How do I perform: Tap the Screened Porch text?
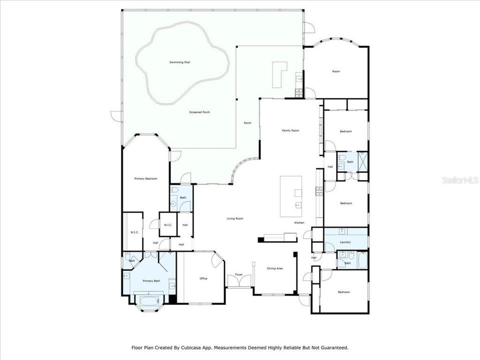click(199, 112)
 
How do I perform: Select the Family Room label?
click(290, 130)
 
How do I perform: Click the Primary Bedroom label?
click(146, 178)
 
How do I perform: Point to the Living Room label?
click(235, 218)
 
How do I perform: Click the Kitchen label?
click(299, 222)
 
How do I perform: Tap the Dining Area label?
click(274, 268)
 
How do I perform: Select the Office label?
click(203, 278)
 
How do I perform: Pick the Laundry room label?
click(345, 242)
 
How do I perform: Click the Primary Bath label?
click(151, 281)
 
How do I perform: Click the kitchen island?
click(291, 196)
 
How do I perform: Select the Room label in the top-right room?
click(336, 71)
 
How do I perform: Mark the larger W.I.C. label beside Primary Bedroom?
click(134, 232)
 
